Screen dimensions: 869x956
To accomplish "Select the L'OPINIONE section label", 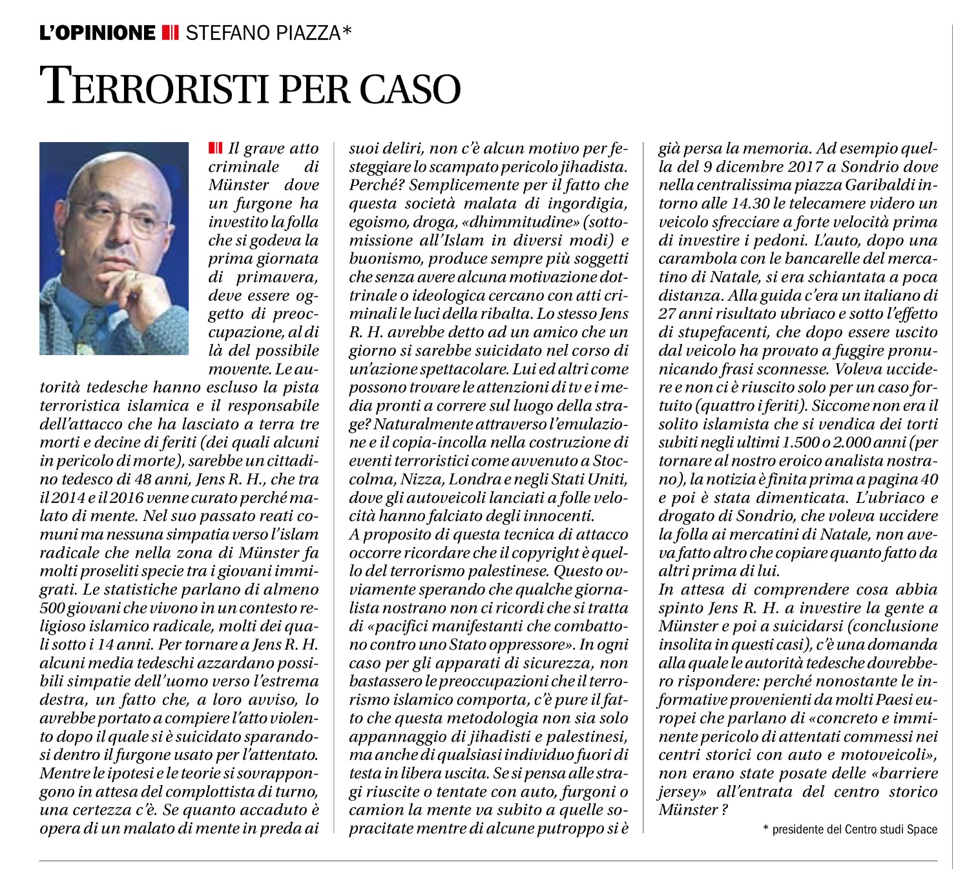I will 97,32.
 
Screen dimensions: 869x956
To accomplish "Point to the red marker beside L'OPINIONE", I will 170,32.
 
